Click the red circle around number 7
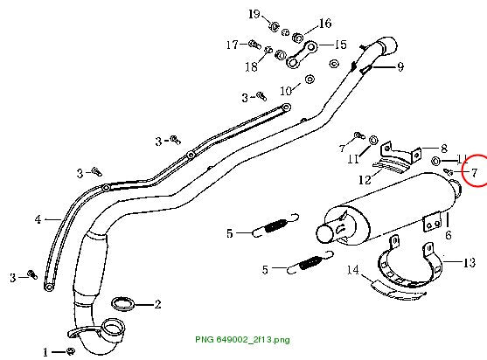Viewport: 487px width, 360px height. (463, 170)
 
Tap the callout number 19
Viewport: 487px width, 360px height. (254, 14)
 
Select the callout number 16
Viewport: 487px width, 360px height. (325, 24)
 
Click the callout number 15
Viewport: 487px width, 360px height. (341, 45)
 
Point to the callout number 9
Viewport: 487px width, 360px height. (400, 66)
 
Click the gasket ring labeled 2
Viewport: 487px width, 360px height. (123, 304)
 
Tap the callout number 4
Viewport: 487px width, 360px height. (38, 219)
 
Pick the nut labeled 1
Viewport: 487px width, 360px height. (71, 351)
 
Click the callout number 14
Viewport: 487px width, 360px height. (353, 270)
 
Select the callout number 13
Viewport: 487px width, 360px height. (470, 262)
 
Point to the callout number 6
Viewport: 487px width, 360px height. (449, 235)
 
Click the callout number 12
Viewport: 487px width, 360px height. (365, 180)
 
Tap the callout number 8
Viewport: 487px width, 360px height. (444, 149)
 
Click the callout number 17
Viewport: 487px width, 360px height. (232, 45)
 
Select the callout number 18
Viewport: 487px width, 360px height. (251, 66)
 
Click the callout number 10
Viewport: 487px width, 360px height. (286, 91)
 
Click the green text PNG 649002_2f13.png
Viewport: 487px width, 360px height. (242, 339)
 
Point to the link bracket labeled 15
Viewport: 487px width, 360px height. (302, 55)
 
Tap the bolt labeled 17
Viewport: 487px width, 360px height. (254, 44)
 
